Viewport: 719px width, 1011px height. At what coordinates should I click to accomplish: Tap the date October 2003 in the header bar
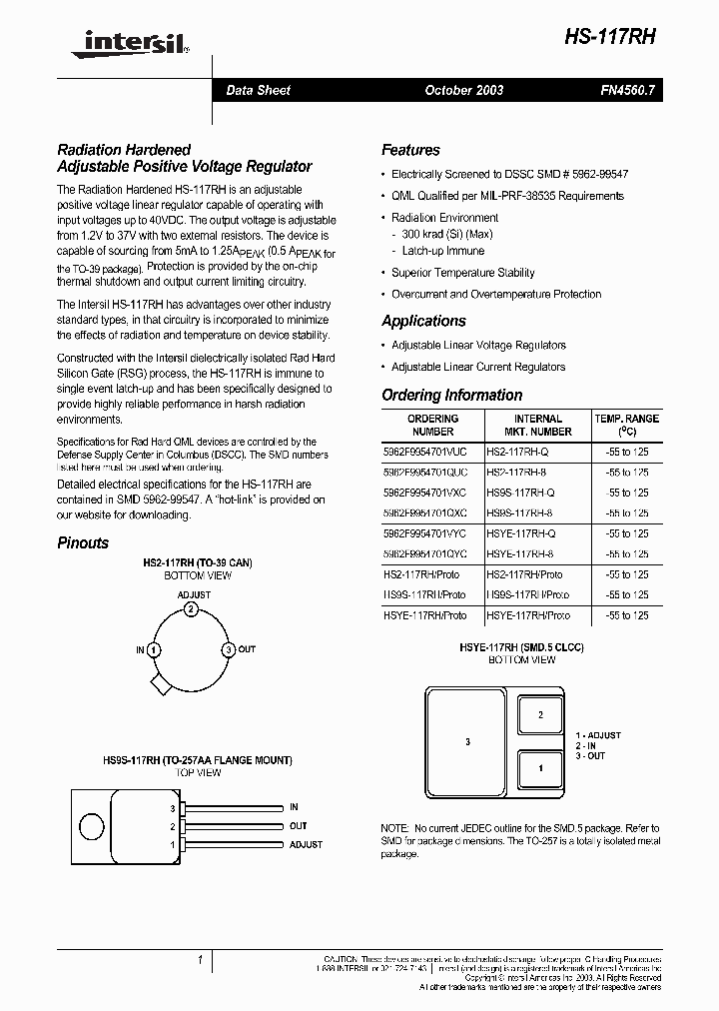(x=463, y=90)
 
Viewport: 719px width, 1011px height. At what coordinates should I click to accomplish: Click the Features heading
(x=410, y=150)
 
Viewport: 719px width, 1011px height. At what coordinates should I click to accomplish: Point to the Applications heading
(x=423, y=321)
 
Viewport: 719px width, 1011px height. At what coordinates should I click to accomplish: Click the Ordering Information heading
(x=451, y=395)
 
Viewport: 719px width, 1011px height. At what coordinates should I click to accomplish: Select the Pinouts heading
(x=83, y=542)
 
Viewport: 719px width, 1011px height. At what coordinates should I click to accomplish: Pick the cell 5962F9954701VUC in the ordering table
(x=431, y=451)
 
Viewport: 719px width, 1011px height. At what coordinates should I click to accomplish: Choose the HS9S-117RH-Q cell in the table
(x=520, y=493)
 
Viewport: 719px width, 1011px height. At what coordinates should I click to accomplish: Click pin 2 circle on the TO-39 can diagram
(x=191, y=609)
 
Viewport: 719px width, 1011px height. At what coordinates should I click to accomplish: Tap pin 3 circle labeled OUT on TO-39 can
(x=229, y=649)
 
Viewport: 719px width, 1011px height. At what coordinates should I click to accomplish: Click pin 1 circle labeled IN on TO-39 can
(x=153, y=649)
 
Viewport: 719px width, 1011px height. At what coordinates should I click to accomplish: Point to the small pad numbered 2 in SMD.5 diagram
(x=541, y=714)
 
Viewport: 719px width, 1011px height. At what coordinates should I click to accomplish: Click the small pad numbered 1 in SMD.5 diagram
(x=541, y=768)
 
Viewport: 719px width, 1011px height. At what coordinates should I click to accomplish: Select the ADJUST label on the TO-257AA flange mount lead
(x=306, y=844)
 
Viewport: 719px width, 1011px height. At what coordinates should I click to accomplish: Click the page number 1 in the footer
(x=201, y=960)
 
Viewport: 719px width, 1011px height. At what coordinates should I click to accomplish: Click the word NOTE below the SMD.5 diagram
(x=394, y=829)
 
